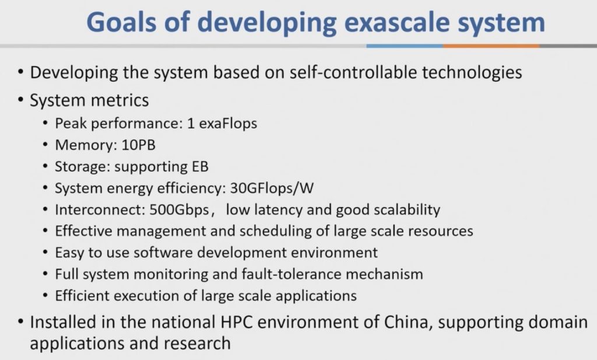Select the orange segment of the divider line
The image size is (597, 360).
(491, 46)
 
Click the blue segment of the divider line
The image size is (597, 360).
(404, 46)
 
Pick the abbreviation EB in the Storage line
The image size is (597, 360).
(199, 166)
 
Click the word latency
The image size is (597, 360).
(272, 209)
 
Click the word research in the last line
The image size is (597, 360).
(197, 343)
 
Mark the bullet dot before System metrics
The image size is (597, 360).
(20, 101)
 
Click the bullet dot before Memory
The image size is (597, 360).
(46, 145)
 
